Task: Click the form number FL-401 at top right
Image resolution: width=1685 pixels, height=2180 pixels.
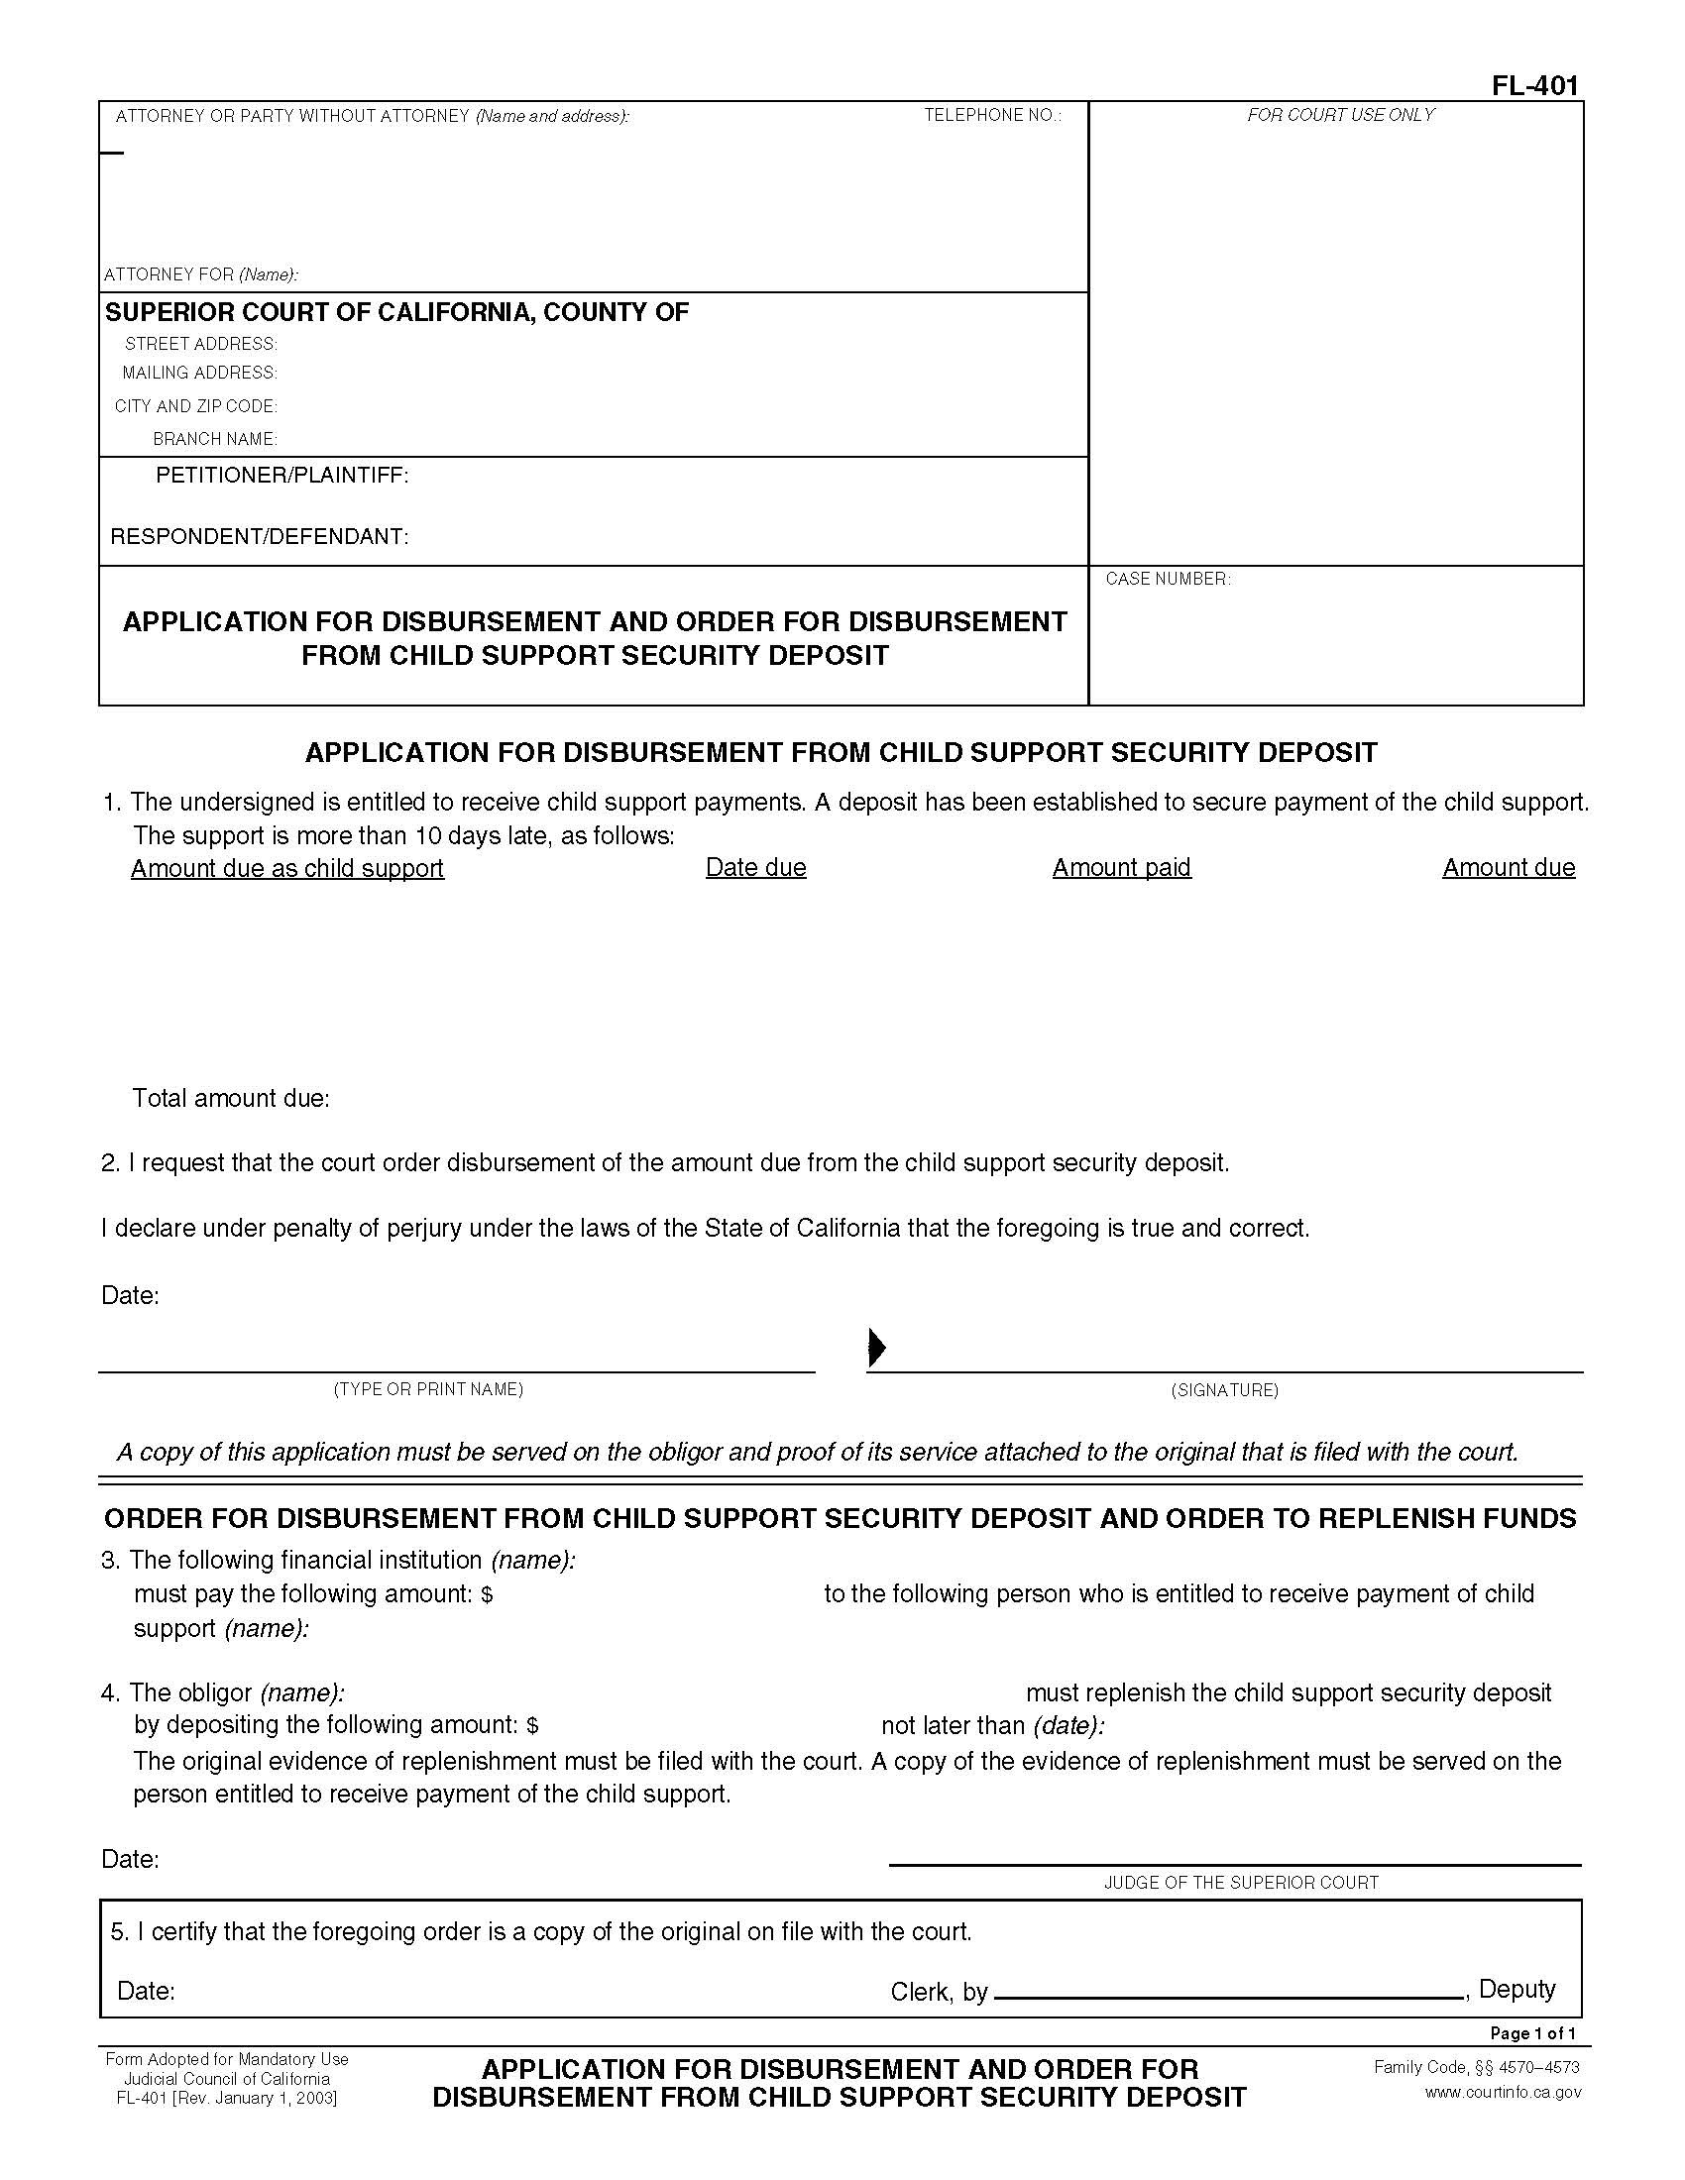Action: point(1534,86)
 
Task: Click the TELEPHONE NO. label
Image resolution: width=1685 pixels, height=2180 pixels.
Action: point(992,116)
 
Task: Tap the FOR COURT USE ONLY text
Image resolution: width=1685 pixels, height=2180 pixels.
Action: point(1340,116)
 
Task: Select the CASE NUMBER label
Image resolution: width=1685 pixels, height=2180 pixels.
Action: point(1168,579)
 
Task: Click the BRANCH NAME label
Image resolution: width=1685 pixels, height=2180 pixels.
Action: point(215,439)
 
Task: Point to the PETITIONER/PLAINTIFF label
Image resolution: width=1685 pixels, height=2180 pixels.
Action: point(281,476)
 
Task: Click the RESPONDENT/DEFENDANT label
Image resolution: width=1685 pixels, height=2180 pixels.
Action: point(260,537)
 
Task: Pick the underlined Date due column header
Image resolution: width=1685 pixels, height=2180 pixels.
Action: point(755,867)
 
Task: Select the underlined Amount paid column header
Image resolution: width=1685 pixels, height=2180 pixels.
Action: point(1121,867)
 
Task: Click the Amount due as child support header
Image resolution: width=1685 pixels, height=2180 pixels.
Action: point(287,868)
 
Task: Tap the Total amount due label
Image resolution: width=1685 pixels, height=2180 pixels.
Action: point(231,1099)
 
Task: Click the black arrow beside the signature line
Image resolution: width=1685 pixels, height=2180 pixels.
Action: point(876,1347)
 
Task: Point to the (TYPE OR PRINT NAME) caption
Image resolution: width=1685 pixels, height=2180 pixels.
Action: point(428,1389)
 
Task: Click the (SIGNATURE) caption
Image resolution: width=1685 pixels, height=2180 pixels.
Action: point(1224,1390)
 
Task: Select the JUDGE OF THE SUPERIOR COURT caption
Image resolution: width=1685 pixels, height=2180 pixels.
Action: point(1241,1883)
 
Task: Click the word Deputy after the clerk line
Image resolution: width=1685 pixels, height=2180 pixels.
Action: point(1516,1989)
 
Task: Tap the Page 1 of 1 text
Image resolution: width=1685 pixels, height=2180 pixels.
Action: point(1532,2033)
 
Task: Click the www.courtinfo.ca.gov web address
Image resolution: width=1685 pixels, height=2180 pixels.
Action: point(1503,2092)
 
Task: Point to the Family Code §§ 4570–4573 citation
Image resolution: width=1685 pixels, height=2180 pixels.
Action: point(1477,2067)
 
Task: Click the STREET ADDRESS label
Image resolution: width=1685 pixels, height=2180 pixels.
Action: point(200,345)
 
